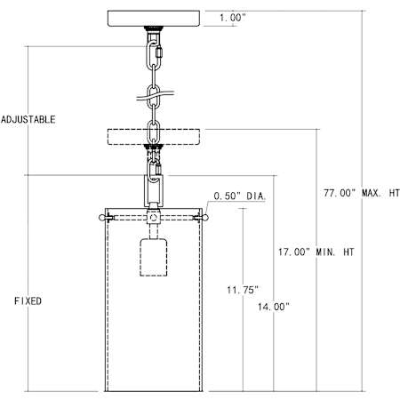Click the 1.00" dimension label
(x=233, y=18)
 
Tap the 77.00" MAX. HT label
(x=362, y=193)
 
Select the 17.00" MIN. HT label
(x=316, y=252)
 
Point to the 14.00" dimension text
(x=273, y=307)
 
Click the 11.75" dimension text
(x=243, y=290)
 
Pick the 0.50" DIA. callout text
(x=240, y=196)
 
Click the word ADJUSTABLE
(x=28, y=119)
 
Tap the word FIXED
(x=28, y=301)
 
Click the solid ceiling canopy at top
(x=154, y=19)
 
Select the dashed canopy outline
(x=154, y=137)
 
